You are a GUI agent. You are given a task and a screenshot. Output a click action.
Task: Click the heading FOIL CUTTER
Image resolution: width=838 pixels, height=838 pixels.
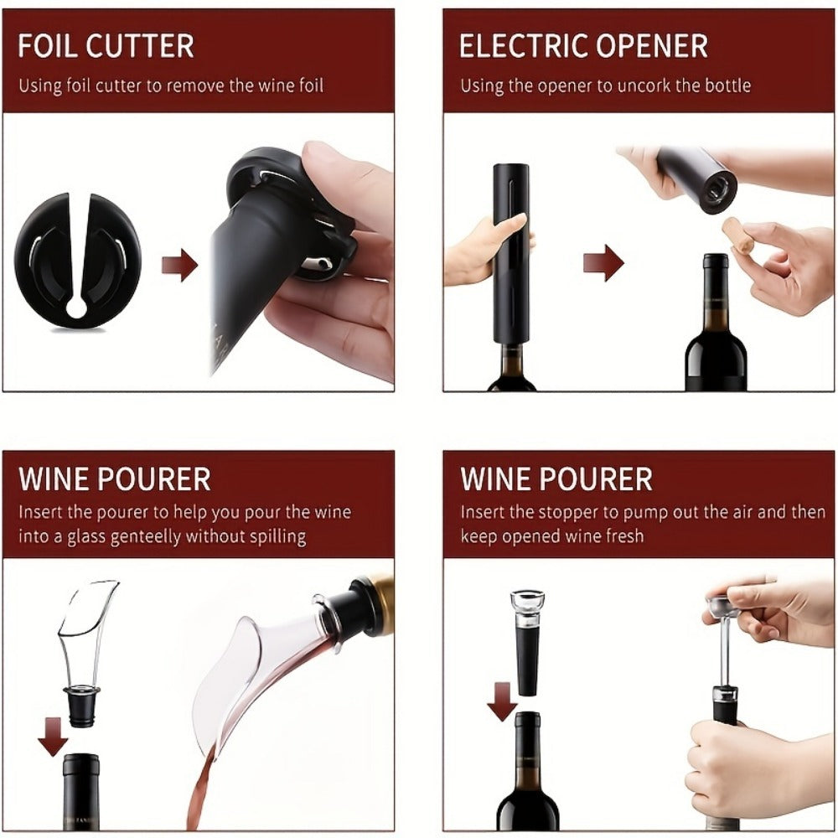tap(106, 45)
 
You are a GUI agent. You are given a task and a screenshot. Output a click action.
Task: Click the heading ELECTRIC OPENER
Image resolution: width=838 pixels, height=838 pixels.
tap(583, 45)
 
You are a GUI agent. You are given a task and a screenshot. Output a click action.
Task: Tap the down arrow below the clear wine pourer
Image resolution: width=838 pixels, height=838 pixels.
tap(53, 736)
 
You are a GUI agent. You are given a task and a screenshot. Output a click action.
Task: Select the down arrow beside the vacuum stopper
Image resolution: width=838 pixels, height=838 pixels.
tap(502, 701)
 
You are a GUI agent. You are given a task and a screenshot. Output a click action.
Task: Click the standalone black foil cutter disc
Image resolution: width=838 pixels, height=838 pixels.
tap(76, 260)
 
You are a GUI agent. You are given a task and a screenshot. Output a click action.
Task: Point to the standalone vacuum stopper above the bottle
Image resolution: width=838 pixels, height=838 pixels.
tap(527, 641)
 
